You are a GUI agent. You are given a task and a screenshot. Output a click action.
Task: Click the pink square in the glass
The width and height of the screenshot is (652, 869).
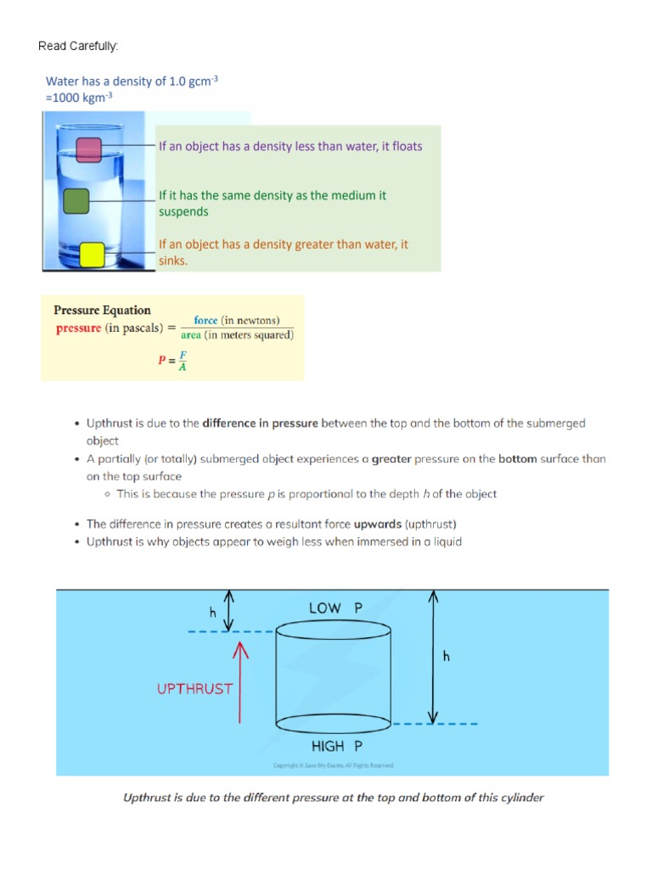tap(89, 150)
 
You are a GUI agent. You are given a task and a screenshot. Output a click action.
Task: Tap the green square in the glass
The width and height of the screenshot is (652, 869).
tap(76, 201)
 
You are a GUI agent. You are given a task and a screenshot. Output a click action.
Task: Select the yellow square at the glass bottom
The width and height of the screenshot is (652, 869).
tap(92, 255)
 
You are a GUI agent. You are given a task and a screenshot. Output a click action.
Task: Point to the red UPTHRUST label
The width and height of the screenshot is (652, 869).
tap(194, 689)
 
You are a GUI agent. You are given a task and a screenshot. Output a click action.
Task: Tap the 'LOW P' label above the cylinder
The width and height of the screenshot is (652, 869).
tap(336, 608)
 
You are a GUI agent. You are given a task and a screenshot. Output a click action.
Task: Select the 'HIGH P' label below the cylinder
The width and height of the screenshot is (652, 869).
tap(336, 746)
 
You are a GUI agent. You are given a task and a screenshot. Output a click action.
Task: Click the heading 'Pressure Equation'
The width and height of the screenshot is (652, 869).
tap(103, 311)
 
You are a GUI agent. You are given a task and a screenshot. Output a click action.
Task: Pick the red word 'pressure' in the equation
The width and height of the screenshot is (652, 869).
tap(79, 328)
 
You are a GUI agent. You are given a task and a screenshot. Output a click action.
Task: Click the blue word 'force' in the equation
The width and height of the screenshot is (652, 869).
tap(205, 320)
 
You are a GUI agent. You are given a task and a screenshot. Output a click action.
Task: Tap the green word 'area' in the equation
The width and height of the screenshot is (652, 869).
tap(191, 335)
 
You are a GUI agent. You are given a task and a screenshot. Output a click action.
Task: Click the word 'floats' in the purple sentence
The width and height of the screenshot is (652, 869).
tap(403, 146)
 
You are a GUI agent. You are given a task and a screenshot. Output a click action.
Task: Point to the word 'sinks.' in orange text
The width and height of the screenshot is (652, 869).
tap(173, 261)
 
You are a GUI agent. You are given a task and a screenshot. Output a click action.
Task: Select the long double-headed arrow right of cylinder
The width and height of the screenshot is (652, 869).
tap(434, 656)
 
